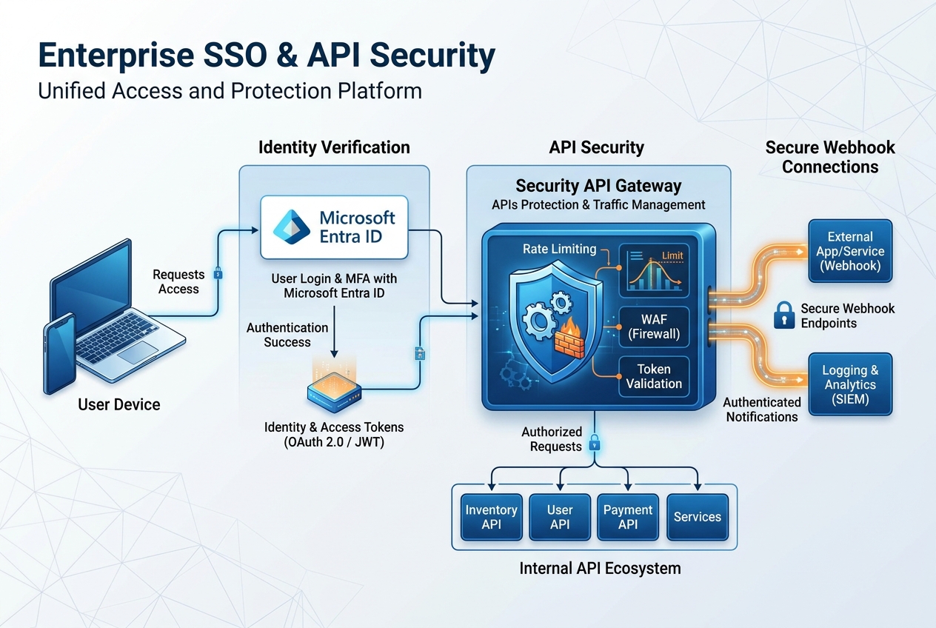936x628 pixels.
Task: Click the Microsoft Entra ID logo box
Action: pyautogui.click(x=334, y=227)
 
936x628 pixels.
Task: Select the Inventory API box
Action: pyautogui.click(x=491, y=517)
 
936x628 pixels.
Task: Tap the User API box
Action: pyautogui.click(x=559, y=517)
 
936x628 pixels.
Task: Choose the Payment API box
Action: pyautogui.click(x=628, y=517)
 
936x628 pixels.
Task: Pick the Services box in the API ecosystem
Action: pyautogui.click(x=697, y=517)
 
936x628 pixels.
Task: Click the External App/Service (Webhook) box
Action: pyautogui.click(x=850, y=251)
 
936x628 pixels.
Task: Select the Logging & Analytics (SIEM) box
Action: pyautogui.click(x=850, y=384)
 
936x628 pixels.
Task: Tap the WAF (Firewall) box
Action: pyautogui.click(x=654, y=327)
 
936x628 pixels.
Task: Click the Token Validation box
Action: pyautogui.click(x=654, y=376)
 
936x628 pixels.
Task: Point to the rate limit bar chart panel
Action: pyautogui.click(x=654, y=272)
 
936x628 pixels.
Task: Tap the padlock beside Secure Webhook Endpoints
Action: pyautogui.click(x=783, y=315)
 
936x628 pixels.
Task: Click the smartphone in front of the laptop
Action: pyautogui.click(x=59, y=353)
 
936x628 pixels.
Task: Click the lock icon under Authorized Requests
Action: pyautogui.click(x=594, y=444)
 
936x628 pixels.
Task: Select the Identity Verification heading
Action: pyautogui.click(x=334, y=147)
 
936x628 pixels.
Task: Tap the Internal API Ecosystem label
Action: pyautogui.click(x=600, y=569)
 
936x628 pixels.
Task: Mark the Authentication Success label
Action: pyautogui.click(x=287, y=335)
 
